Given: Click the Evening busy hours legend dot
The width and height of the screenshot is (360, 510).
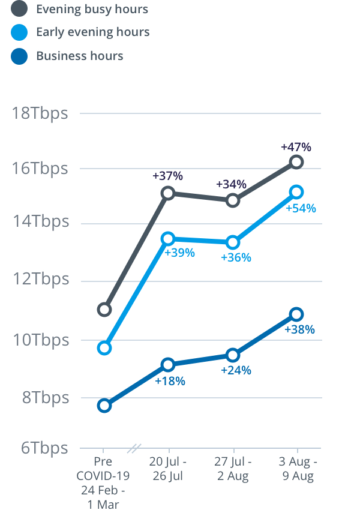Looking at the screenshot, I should pos(19,9).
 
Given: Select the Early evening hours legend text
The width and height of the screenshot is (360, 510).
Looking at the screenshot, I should pos(92,32).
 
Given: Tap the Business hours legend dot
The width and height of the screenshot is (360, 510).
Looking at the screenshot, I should pos(19,56).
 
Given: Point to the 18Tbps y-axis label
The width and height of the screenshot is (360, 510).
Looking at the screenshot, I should pos(40,113).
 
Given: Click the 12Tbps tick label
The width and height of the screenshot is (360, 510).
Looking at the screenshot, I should pos(40,280).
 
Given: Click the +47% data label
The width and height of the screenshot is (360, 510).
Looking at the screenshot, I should pos(296,147).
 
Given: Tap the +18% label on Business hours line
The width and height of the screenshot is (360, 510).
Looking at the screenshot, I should pos(170,381).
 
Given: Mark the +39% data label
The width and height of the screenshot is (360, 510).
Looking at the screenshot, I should pos(180,253).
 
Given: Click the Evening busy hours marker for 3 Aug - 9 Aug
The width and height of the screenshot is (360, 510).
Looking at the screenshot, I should pos(296,162).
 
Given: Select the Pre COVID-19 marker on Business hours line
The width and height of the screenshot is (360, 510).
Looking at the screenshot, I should pos(104,406).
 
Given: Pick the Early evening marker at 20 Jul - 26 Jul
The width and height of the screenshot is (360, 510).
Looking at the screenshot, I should pos(168,239).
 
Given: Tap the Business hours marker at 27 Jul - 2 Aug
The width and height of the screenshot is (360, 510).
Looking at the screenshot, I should pos(233,355).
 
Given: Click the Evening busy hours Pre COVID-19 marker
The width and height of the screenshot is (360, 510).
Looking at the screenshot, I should pos(104,310).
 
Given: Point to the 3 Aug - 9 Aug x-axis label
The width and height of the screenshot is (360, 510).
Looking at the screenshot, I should pos(298,469).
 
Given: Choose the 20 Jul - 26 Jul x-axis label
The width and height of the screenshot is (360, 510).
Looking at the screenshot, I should pos(168,469).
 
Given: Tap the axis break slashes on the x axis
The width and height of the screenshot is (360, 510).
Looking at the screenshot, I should pos(136,448).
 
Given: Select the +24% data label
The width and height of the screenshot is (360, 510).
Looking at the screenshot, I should pos(236,370).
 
